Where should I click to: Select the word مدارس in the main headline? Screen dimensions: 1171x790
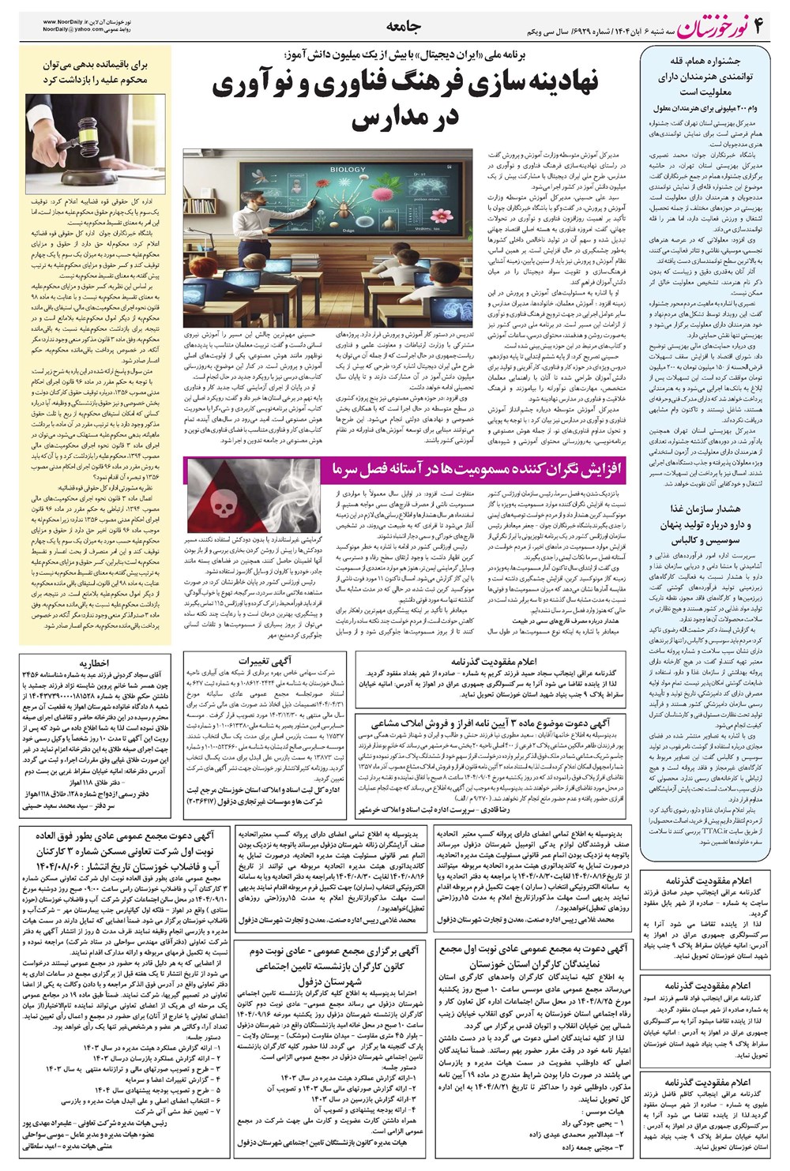[x=405, y=118]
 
